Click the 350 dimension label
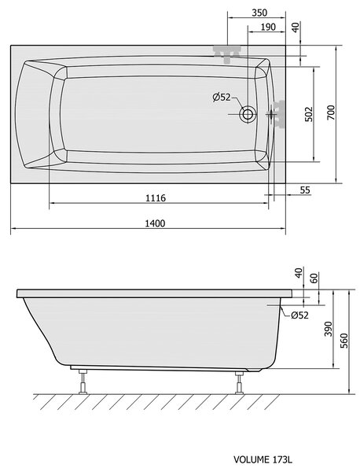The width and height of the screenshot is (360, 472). (x=259, y=13)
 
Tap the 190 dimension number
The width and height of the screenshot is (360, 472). (x=268, y=27)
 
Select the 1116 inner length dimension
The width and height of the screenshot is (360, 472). (x=156, y=198)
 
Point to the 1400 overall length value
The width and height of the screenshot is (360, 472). (x=155, y=223)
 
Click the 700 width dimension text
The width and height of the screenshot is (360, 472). (x=331, y=112)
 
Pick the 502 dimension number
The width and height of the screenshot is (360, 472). (x=309, y=114)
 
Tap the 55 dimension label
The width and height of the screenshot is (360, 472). (x=305, y=190)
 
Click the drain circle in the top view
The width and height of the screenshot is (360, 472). (x=248, y=114)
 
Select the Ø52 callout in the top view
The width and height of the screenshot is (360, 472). (x=222, y=98)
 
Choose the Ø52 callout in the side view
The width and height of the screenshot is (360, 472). (x=299, y=315)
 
